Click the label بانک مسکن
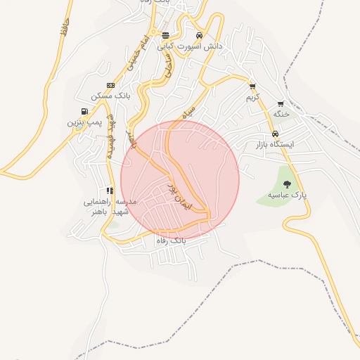coord(106,96)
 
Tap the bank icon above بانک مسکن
coord(110,85)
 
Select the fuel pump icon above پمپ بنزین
coord(85,112)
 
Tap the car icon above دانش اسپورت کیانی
coord(199,36)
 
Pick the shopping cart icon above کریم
coord(252,86)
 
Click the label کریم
coord(252,96)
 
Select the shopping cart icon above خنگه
coord(281,103)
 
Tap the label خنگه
coord(281,114)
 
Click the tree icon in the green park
coord(286,184)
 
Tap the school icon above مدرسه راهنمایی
coord(110,191)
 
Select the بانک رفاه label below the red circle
coord(175,240)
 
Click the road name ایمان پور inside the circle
coord(179,193)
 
